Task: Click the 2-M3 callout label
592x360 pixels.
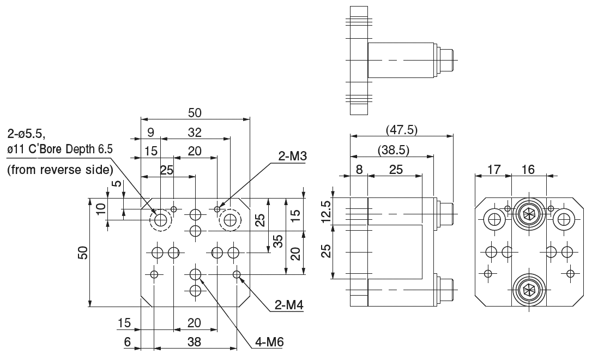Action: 293,157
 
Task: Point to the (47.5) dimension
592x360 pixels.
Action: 401,130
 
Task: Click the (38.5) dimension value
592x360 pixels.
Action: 393,150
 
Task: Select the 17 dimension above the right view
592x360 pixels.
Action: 493,170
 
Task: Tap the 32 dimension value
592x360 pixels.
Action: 195,132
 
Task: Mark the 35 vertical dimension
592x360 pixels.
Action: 278,241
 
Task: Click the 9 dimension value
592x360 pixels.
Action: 151,132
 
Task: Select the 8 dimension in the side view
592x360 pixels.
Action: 359,170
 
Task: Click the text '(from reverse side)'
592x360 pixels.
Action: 60,169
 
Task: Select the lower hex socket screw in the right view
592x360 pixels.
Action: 528,289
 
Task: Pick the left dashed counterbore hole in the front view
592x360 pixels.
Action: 161,220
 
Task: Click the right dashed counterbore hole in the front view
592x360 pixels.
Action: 229,220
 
